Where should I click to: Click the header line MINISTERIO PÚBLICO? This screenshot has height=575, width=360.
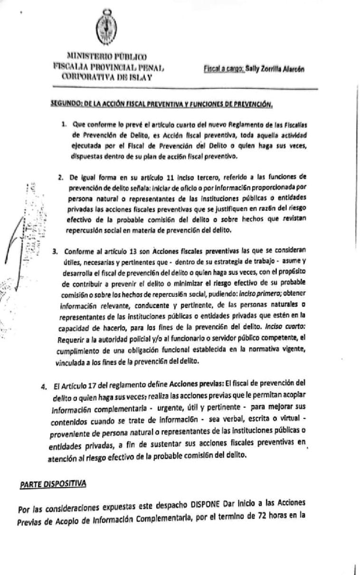pos(107,56)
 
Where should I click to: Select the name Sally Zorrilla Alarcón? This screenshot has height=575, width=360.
pos(275,69)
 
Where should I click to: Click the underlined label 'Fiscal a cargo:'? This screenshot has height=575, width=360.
pos(223,69)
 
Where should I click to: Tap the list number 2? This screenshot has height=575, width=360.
pos(60,178)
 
